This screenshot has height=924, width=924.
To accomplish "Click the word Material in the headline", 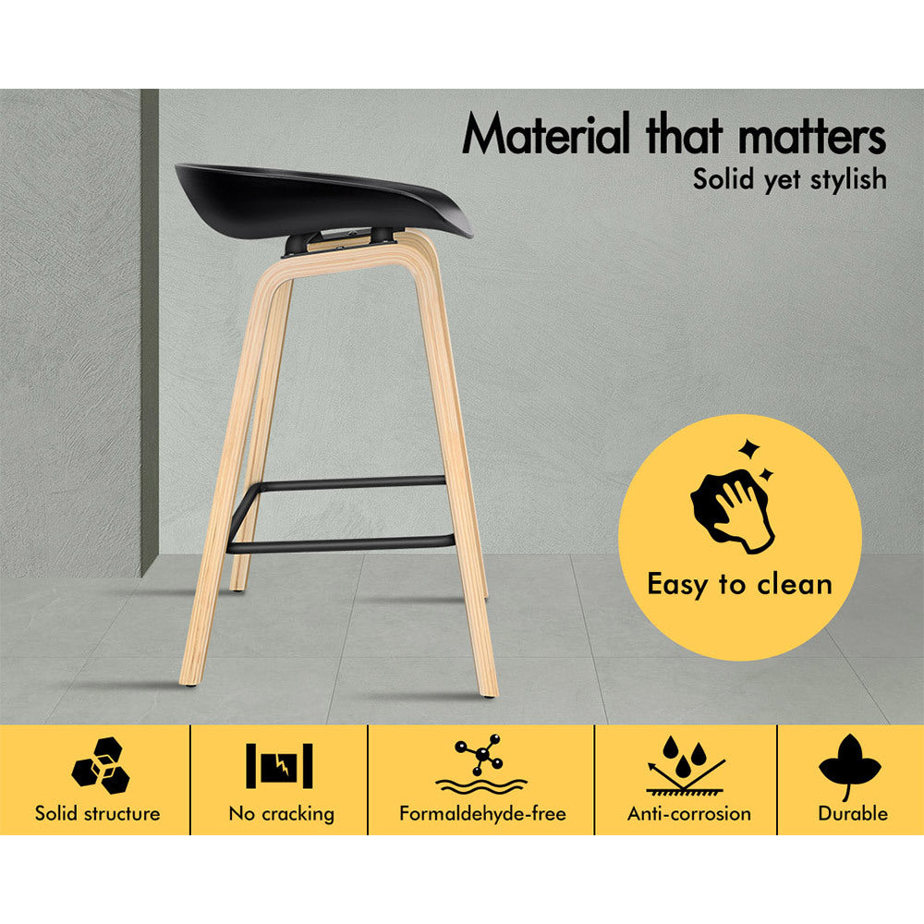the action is pyautogui.click(x=546, y=133).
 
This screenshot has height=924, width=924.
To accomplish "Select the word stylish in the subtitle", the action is pyautogui.click(x=848, y=178).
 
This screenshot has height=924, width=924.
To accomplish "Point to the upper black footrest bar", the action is pyautogui.click(x=347, y=484).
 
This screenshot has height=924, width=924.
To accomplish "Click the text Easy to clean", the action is pyautogui.click(x=739, y=585).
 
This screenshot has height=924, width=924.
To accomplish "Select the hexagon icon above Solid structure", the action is pyautogui.click(x=101, y=765).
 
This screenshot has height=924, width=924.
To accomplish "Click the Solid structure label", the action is pyautogui.click(x=97, y=814).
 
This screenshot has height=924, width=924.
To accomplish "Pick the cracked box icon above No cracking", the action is pyautogui.click(x=279, y=765).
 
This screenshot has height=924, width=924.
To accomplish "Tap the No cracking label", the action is pyautogui.click(x=281, y=814).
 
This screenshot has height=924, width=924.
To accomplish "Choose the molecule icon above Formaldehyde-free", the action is pyautogui.click(x=480, y=764).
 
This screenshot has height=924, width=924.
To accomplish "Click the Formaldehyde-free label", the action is pyautogui.click(x=482, y=814).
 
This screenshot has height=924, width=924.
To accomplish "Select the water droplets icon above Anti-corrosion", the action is pyautogui.click(x=687, y=765).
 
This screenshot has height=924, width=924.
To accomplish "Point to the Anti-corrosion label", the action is pyautogui.click(x=689, y=814).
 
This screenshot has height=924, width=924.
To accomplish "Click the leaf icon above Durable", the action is pyautogui.click(x=849, y=765).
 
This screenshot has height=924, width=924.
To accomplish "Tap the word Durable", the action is pyautogui.click(x=853, y=814).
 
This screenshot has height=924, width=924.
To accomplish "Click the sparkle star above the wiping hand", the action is pyautogui.click(x=750, y=449).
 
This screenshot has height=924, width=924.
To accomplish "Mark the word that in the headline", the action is pyautogui.click(x=684, y=134).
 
